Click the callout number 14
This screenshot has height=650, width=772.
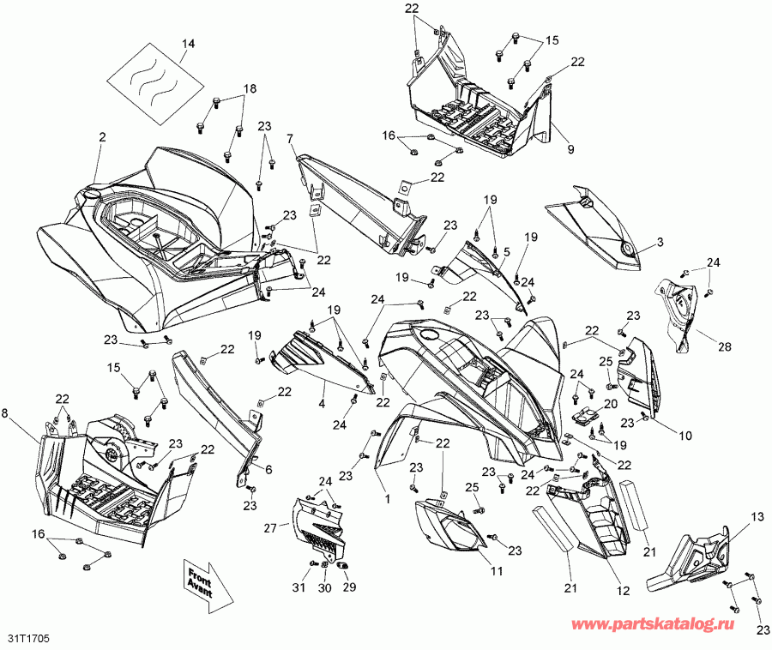tap(189, 43)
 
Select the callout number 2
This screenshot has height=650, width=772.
tap(102, 137)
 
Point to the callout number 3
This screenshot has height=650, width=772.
tap(660, 244)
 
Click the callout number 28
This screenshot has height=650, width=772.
tap(725, 346)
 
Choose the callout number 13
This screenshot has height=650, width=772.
tap(756, 516)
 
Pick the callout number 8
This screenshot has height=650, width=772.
tap(7, 413)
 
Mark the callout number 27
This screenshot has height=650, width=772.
tap(269, 528)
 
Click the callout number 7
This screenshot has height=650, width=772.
tap(290, 138)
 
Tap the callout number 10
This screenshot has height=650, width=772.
tap(685, 436)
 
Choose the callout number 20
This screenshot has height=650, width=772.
tap(611, 404)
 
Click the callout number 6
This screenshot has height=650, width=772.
tap(268, 469)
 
